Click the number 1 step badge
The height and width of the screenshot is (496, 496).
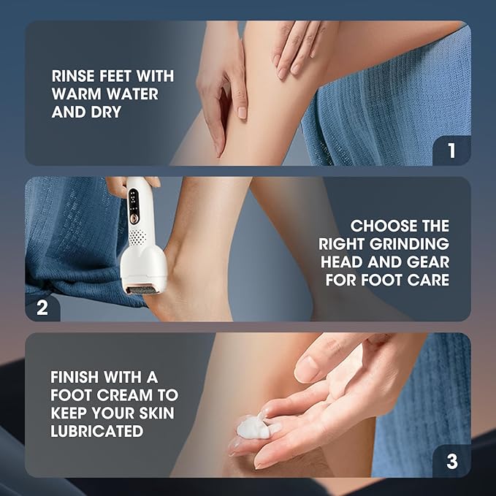(x=451, y=150)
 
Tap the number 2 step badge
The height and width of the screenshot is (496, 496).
(x=42, y=307)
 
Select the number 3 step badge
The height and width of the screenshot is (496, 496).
(x=451, y=462)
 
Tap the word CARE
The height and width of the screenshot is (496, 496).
(x=430, y=281)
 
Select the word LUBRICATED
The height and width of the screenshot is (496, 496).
(x=96, y=432)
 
